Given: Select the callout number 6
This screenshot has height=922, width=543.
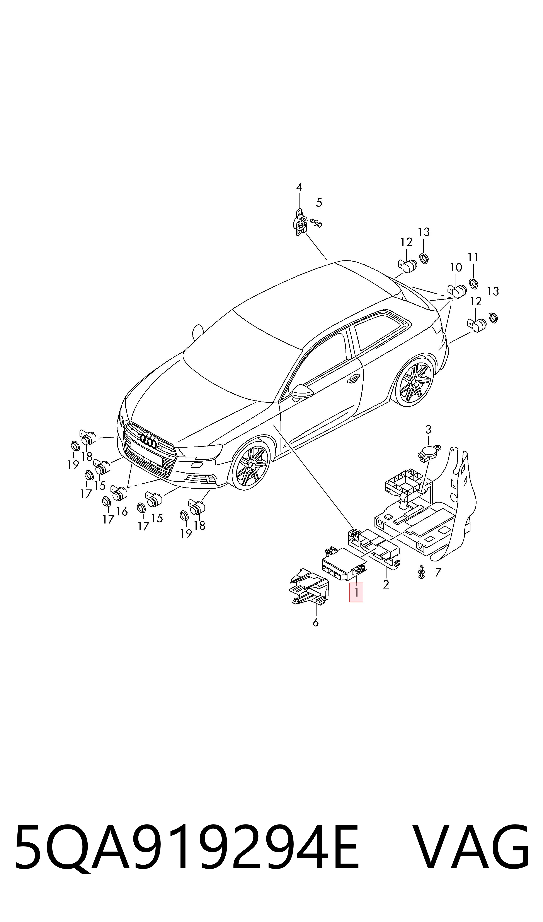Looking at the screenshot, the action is [316, 622].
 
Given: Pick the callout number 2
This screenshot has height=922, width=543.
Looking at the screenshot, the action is [386, 585].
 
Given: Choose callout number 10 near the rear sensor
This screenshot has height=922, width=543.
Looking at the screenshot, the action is [456, 268].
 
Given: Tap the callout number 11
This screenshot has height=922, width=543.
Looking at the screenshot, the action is [473, 258].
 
